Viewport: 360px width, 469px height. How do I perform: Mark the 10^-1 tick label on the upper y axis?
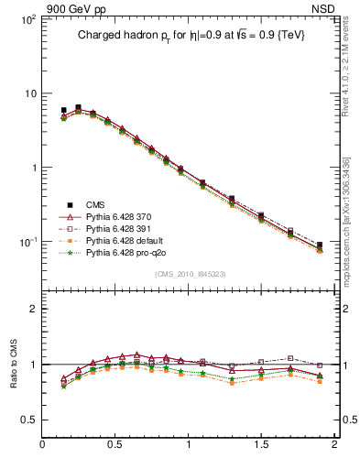(x=27, y=242)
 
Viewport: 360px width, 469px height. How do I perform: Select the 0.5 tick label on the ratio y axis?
(x=27, y=420)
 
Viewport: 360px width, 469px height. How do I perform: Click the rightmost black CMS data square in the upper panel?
(x=319, y=245)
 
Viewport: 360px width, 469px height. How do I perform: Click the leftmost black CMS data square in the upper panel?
(x=63, y=110)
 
